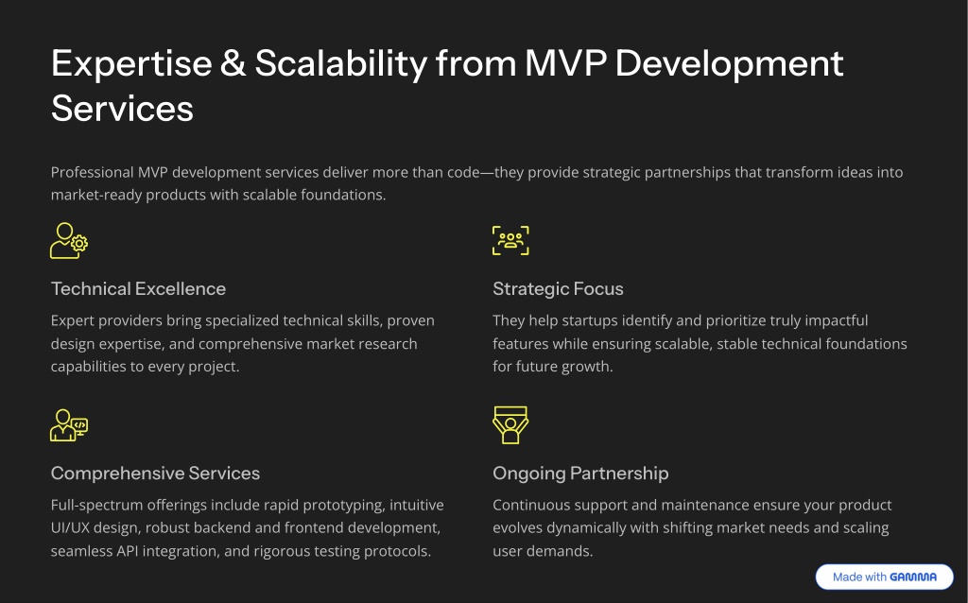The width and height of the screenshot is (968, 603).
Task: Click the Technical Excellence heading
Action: coord(138,289)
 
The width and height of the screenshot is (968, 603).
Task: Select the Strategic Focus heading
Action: coord(558,289)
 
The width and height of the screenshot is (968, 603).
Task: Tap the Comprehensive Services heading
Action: coord(155,474)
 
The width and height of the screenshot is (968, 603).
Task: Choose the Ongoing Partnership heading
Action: coord(580,474)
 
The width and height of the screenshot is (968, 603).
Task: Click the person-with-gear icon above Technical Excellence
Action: coord(68,241)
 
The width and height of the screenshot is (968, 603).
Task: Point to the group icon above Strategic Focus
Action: coord(510,241)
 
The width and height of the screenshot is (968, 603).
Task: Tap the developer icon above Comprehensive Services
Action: coord(68,425)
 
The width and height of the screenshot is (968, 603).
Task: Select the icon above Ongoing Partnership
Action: coord(510,425)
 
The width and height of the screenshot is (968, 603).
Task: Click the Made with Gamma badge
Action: coord(884,577)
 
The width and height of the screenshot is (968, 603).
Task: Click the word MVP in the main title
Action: coord(565,63)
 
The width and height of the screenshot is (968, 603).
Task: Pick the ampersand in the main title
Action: coord(233,63)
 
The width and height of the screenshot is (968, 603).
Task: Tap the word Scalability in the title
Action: coord(340,64)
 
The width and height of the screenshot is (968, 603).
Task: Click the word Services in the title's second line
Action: coord(122,109)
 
